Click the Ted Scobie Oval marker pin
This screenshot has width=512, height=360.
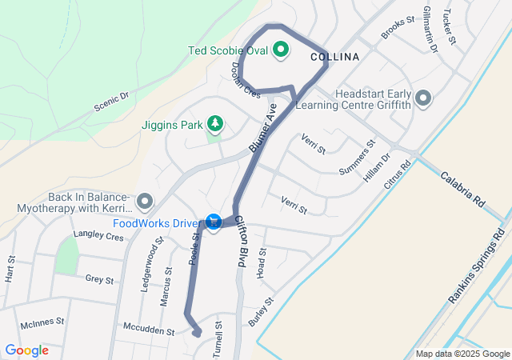pyautogui.click(x=281, y=50)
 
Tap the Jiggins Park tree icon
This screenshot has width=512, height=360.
pyautogui.click(x=214, y=124)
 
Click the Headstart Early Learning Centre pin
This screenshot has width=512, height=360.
pyautogui.click(x=423, y=98)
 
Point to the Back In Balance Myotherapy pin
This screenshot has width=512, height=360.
pyautogui.click(x=145, y=199)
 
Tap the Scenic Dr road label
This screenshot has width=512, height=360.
pyautogui.click(x=111, y=101)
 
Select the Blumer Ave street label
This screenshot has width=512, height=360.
pyautogui.click(x=262, y=129)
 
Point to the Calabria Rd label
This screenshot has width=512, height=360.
pyautogui.click(x=463, y=190)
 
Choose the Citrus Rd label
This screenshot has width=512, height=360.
pyautogui.click(x=396, y=174)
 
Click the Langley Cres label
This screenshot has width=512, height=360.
pyautogui.click(x=98, y=237)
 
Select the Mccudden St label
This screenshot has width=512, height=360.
pyautogui.click(x=149, y=330)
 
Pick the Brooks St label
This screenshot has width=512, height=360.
pyautogui.click(x=398, y=27)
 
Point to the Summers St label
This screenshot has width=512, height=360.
pyautogui.click(x=357, y=158)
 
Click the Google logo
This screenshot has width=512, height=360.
pyautogui.click(x=27, y=350)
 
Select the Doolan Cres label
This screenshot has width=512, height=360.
pyautogui.click(x=246, y=81)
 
